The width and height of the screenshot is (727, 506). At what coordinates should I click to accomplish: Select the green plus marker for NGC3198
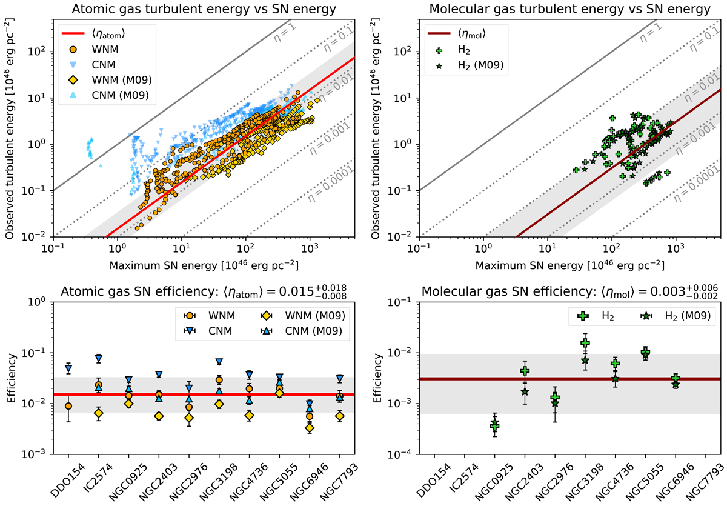coord(585,343)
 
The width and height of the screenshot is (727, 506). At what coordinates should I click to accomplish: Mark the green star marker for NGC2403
coord(525,391)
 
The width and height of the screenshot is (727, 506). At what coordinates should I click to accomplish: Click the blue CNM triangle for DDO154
coord(68,368)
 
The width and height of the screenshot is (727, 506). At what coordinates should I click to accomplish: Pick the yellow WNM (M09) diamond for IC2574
coord(99,413)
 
